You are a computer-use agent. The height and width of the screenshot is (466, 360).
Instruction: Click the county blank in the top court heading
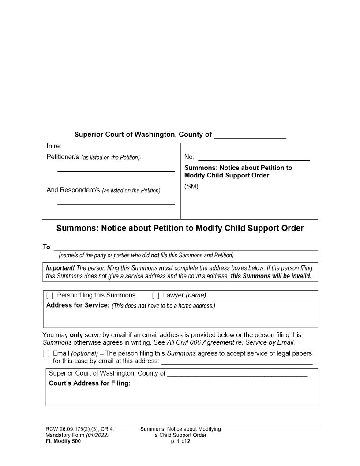click(250, 135)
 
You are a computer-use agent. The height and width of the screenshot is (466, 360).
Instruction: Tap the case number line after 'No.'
click(254, 158)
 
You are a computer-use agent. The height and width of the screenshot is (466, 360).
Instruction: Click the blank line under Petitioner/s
click(116, 169)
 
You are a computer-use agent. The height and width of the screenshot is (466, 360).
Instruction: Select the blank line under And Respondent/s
click(116, 202)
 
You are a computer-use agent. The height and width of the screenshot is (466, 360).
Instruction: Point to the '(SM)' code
click(191, 186)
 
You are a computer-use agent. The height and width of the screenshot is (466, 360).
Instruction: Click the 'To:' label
click(47, 247)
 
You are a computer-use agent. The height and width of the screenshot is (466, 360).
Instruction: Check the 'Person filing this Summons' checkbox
click(50, 295)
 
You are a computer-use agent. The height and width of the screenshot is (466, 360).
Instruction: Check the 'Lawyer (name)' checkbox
click(156, 295)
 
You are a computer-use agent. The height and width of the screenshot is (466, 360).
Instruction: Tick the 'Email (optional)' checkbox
click(46, 353)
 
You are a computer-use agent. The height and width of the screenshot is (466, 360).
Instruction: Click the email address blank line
click(237, 362)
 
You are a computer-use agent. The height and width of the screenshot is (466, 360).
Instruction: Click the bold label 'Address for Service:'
click(78, 305)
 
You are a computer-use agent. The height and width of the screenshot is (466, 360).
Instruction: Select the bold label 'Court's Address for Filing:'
click(90, 383)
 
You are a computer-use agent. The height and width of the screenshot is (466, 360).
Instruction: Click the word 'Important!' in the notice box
click(60, 268)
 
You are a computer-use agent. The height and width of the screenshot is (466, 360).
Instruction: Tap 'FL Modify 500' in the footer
click(63, 441)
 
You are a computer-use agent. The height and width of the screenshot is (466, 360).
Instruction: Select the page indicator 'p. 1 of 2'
click(180, 441)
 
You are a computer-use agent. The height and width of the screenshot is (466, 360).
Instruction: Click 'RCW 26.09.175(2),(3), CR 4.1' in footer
click(81, 429)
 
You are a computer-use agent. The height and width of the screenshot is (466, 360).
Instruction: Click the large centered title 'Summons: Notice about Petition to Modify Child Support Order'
click(180, 229)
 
